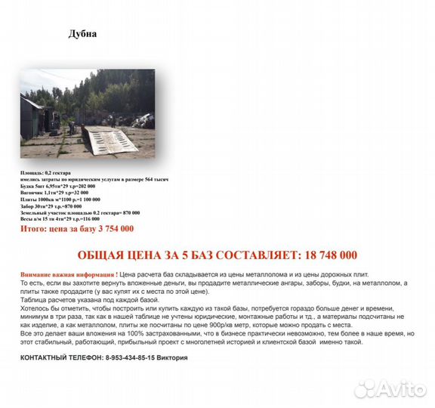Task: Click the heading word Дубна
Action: click(x=82, y=34)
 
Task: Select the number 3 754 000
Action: click(x=108, y=228)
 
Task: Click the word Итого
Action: click(x=35, y=228)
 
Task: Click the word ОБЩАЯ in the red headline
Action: click(x=107, y=255)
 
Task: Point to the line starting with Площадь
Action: click(x=45, y=173)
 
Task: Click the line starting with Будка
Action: click(x=57, y=185)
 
